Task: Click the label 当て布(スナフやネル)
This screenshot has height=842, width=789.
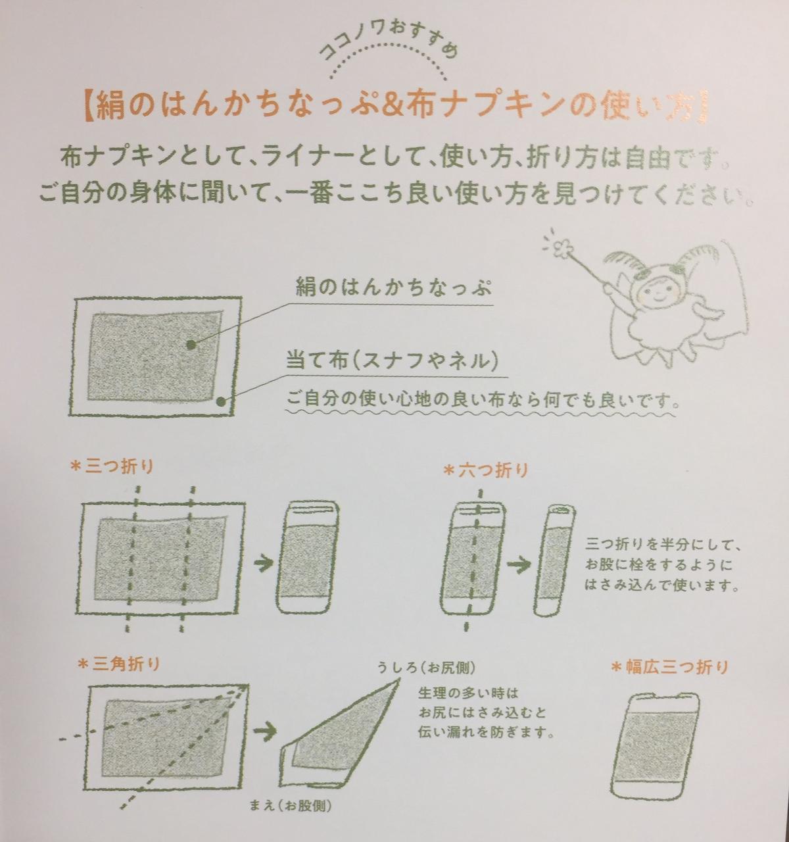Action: pos(391,361)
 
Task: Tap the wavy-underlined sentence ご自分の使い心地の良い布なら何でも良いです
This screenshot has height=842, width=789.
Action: pos(481,399)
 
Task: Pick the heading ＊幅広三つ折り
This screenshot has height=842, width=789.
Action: pos(669,667)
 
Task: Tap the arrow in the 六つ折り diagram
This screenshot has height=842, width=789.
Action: pos(519,564)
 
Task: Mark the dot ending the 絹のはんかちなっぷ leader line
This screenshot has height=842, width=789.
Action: pos(191,343)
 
